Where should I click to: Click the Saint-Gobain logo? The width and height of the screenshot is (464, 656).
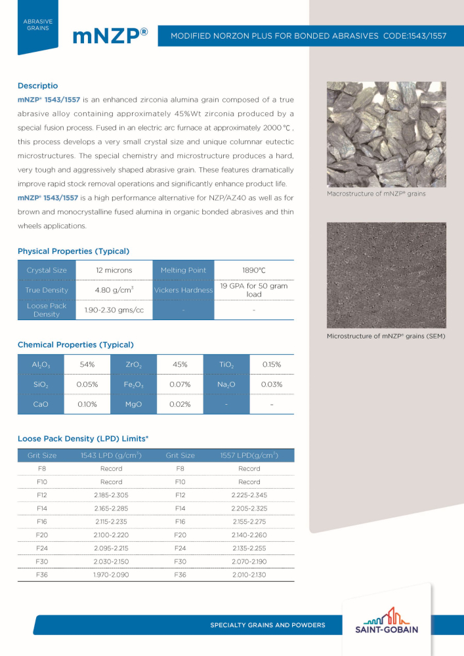[x=390, y=621]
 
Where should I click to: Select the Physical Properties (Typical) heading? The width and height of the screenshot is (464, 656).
[x=74, y=251]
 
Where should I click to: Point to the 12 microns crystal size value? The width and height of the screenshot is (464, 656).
[x=114, y=270]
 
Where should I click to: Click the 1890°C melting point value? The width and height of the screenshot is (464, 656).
[x=253, y=270]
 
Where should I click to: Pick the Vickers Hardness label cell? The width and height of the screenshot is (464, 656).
[x=183, y=290]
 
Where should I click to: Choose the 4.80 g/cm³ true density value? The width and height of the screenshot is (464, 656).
[x=114, y=290]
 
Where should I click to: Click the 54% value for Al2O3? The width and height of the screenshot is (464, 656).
[x=87, y=364]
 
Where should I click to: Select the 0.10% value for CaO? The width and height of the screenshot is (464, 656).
[x=87, y=405]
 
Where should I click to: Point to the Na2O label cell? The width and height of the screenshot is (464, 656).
[x=222, y=384]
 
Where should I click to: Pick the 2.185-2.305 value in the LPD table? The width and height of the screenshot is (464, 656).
[x=111, y=495]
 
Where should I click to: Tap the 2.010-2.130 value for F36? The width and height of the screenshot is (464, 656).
[x=249, y=575]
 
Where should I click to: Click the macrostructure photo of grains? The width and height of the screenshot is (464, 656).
[x=386, y=134]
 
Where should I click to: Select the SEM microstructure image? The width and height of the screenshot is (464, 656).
[x=386, y=275]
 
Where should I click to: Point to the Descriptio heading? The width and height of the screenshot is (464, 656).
[x=37, y=86]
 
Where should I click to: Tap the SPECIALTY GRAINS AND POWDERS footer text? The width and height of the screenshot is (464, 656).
[x=267, y=625]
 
